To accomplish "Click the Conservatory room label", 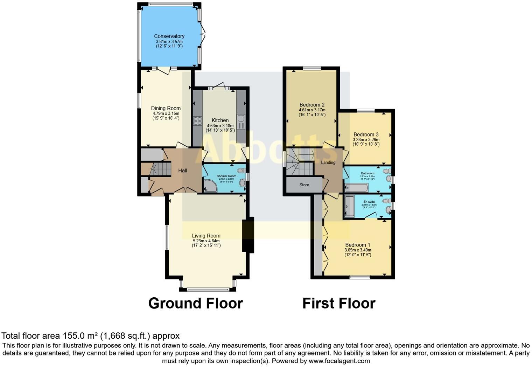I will pos(169,36).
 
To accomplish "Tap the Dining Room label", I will pos(166,108).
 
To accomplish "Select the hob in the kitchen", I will pos(197,121).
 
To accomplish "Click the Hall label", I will pos(182,171).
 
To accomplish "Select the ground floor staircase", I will pos(159,169).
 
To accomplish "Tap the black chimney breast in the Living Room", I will pos(248,235).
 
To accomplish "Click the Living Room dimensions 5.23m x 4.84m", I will pos(206,241).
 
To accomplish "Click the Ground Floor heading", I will pos(195,303).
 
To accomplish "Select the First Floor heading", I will pos(338,303).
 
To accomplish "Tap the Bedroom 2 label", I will pos(312,105).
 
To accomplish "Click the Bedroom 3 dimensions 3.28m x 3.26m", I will pos(366,139).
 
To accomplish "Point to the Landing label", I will pos(328,162).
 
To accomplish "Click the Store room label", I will pos(304,185).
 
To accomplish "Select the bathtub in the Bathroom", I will pos(356,188).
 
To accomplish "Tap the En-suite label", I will pos(369,202).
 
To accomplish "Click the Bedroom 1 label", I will pos(357,245).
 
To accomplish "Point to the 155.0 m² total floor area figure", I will pos(80,336).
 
